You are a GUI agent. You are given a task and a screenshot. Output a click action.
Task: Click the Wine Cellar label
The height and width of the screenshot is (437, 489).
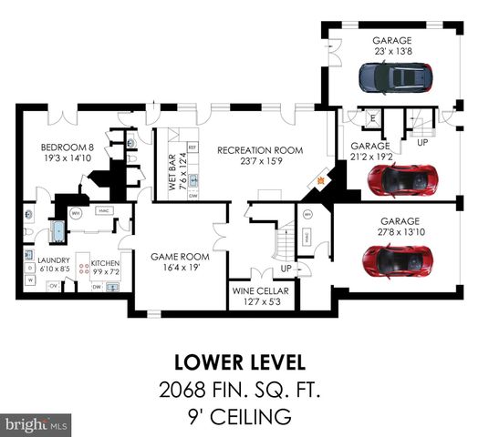(262, 292)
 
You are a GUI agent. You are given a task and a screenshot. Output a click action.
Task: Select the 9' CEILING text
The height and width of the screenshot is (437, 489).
(244, 417)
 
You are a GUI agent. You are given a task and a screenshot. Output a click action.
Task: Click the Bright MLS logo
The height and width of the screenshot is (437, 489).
(36, 424)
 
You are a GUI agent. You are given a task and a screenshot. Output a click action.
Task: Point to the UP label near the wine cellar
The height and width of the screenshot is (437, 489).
(286, 270)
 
